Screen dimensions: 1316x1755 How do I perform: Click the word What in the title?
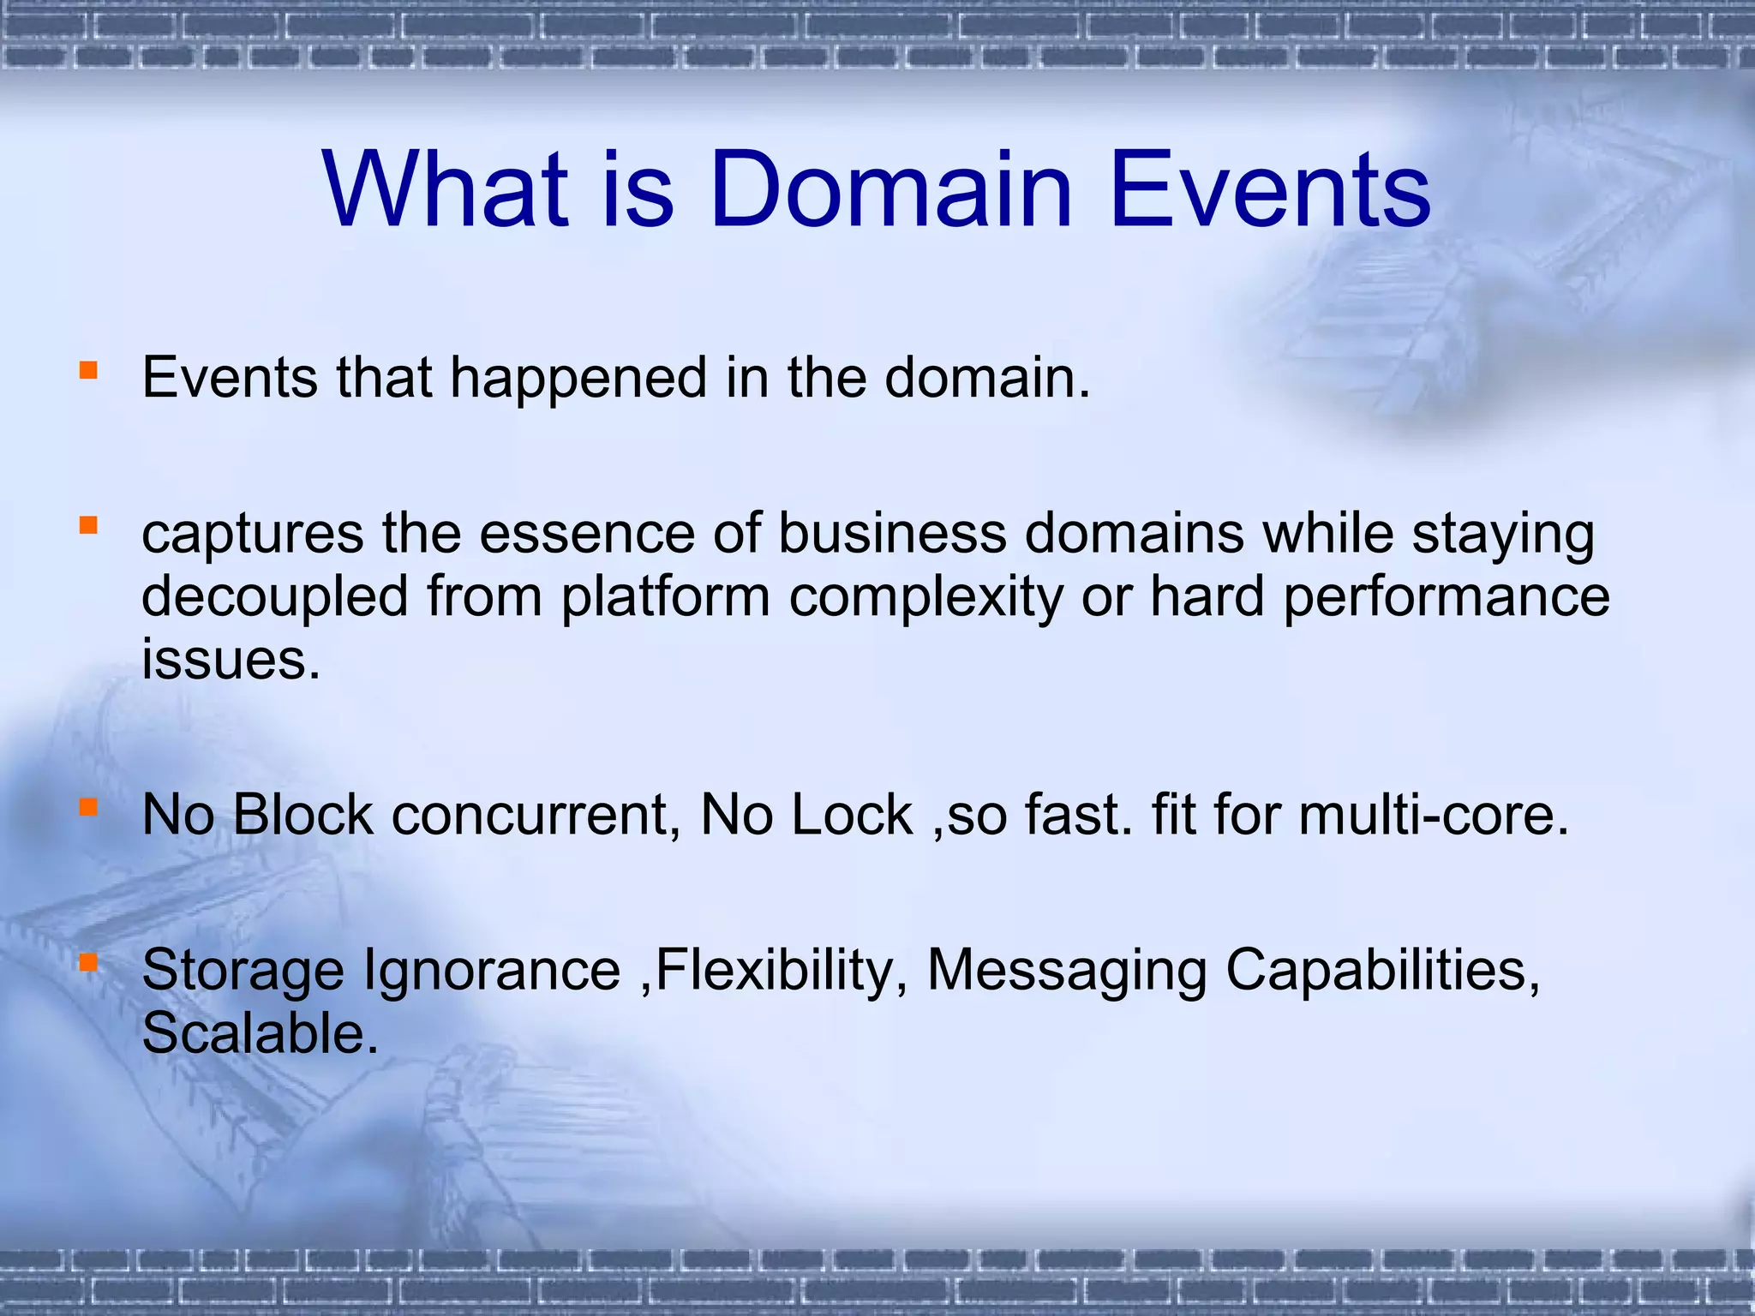tap(446, 190)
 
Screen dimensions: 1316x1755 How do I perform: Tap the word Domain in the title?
tap(891, 190)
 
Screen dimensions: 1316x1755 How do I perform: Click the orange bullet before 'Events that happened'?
tap(88, 370)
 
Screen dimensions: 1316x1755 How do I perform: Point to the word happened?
tap(578, 379)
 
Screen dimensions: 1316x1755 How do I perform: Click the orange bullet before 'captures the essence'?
tap(88, 524)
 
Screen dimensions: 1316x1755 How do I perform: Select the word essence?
tap(587, 534)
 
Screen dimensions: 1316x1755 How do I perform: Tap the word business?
tap(892, 534)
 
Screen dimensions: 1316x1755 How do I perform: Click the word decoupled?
tap(275, 597)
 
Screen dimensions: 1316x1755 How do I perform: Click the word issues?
tap(230, 660)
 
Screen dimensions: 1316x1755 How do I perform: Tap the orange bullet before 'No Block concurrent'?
tap(88, 806)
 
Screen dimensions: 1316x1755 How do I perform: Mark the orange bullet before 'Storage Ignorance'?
tap(88, 962)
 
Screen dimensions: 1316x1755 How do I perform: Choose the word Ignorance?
tap(492, 972)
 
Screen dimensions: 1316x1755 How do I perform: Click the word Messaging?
tap(1067, 972)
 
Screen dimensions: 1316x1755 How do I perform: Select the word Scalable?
tap(259, 1034)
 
